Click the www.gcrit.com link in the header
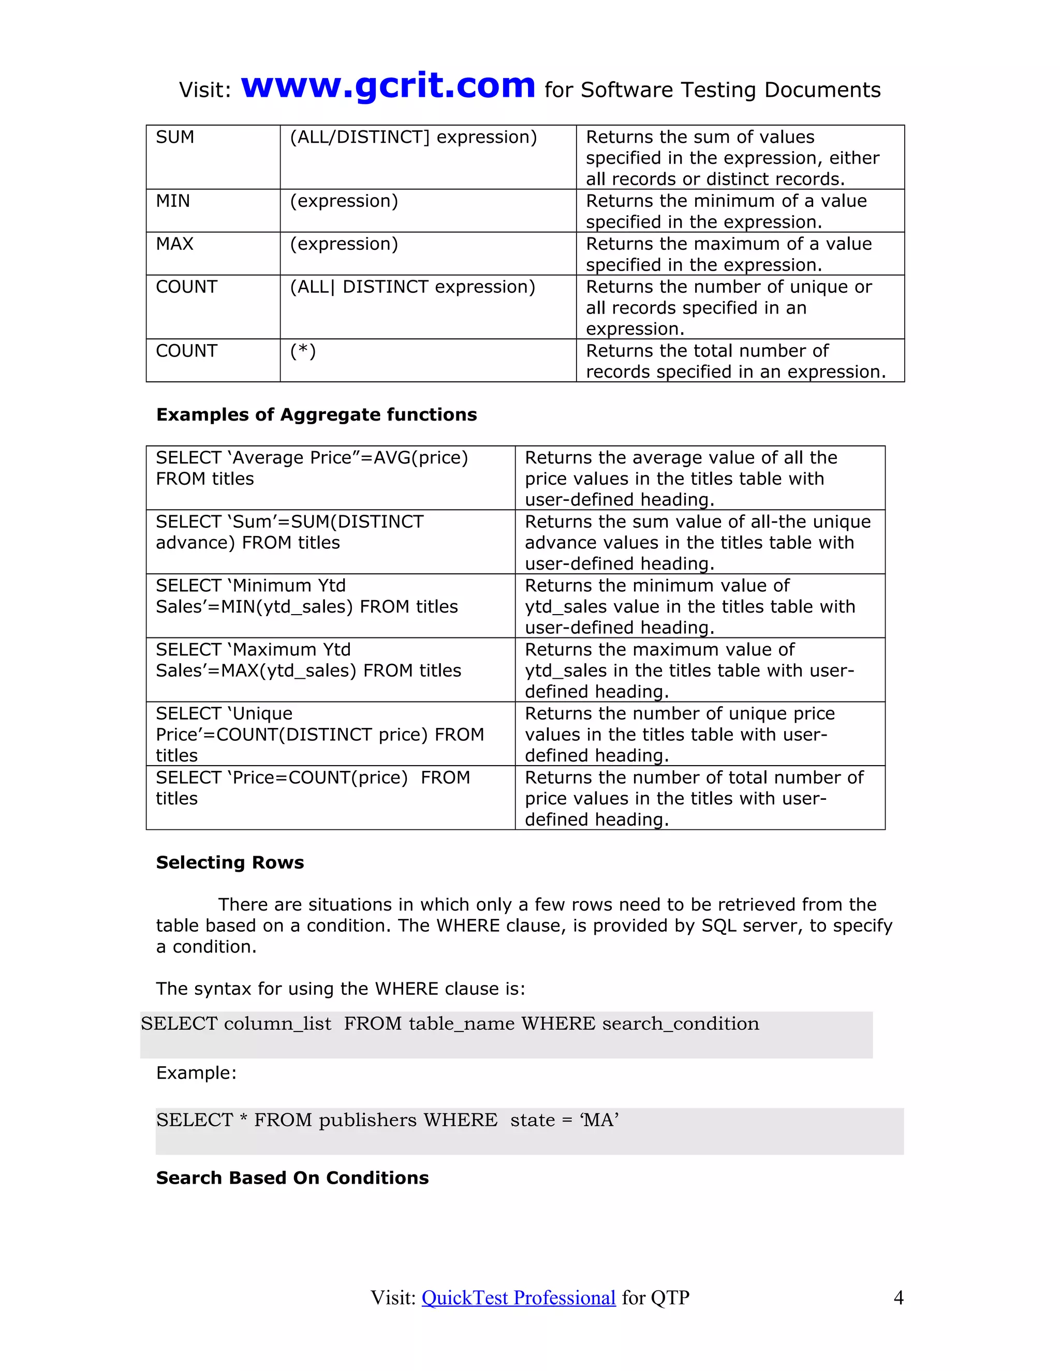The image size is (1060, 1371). click(388, 86)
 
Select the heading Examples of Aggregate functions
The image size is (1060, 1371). click(316, 415)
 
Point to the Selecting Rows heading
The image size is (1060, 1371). click(230, 862)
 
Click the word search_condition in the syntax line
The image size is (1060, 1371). click(681, 1024)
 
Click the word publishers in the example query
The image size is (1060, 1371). click(367, 1121)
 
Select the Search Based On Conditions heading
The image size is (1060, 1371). click(292, 1178)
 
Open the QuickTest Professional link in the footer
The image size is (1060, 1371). click(518, 1298)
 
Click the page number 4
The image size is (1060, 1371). click(899, 1298)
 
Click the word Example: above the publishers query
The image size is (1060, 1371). click(196, 1073)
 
